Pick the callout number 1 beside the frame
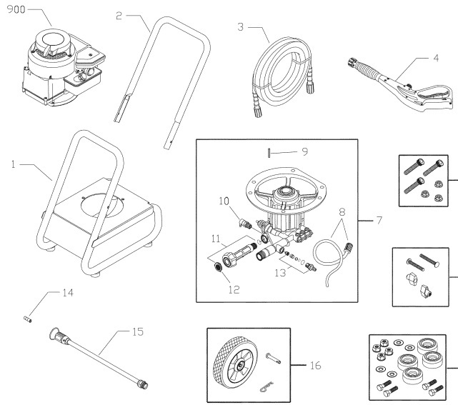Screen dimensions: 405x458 click(x=13, y=164)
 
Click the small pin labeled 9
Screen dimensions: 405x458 click(x=264, y=151)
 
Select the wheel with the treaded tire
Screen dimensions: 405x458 click(x=232, y=364)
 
